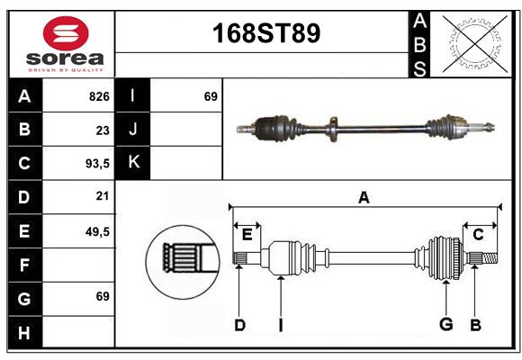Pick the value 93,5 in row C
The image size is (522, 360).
pyautogui.click(x=96, y=164)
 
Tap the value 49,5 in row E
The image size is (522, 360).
pyautogui.click(x=96, y=231)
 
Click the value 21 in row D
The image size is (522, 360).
pyautogui.click(x=102, y=197)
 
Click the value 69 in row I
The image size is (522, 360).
pyautogui.click(x=211, y=96)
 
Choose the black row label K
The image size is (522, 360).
pyautogui.click(x=133, y=163)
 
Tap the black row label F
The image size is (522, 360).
pyautogui.click(x=24, y=265)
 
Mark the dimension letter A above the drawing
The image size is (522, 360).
pyautogui.click(x=364, y=197)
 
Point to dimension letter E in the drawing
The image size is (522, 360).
pyautogui.click(x=247, y=234)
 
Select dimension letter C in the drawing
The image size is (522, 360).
pyautogui.click(x=479, y=234)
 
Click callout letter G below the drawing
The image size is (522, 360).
pyautogui.click(x=445, y=324)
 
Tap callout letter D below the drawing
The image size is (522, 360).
pyautogui.click(x=239, y=324)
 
